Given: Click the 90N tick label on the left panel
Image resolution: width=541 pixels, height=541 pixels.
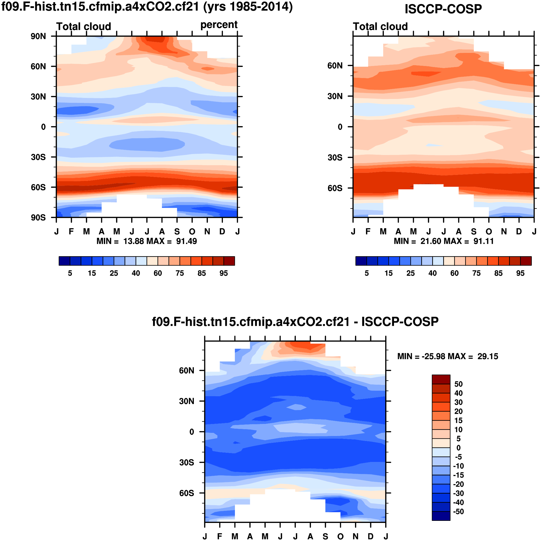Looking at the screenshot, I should (38, 36).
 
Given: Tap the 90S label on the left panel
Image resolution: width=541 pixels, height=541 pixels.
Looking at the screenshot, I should (38, 218).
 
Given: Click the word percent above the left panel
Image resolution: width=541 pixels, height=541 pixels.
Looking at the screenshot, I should (219, 25).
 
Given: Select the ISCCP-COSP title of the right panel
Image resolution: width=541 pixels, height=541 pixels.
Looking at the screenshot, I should (443, 9).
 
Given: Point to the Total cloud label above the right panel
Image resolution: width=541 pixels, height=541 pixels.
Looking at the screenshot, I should (380, 26).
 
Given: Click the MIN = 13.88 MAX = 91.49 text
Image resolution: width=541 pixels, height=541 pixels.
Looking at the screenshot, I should (146, 241).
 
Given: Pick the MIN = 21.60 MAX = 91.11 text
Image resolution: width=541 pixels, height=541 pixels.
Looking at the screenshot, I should (444, 241).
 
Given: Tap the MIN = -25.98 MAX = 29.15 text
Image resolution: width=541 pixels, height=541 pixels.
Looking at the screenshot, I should (447, 356).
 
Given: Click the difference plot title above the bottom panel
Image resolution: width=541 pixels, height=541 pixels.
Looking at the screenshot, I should (295, 322).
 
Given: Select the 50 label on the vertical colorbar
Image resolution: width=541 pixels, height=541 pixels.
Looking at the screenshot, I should (458, 384).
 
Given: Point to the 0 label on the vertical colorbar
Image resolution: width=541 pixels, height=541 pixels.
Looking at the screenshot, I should (458, 448).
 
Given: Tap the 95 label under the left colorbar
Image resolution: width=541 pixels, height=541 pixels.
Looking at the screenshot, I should (223, 273).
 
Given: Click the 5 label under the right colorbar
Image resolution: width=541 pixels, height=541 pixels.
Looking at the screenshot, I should (367, 273).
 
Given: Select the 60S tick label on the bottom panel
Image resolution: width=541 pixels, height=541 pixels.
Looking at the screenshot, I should (187, 493).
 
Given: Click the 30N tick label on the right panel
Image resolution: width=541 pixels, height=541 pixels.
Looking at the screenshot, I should (335, 96).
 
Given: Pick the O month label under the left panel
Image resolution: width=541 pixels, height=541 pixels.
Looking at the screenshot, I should (192, 231).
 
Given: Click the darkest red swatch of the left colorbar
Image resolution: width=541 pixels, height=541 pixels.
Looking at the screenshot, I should (229, 261).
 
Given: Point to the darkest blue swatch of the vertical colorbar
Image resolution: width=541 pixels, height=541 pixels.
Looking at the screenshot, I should (441, 516).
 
